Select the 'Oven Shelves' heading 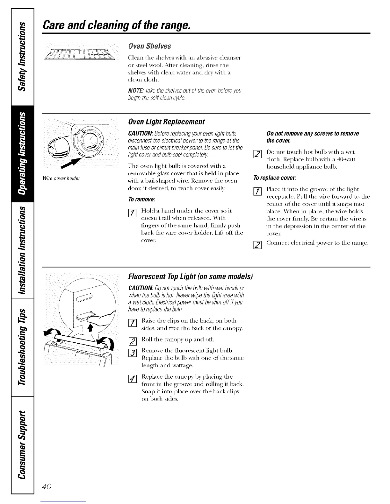point(149,46)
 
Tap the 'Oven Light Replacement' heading point(166,122)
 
